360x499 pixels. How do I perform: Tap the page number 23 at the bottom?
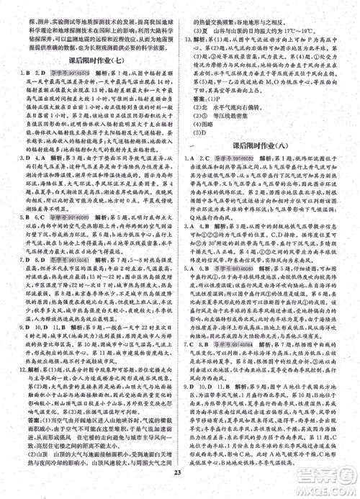179,492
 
